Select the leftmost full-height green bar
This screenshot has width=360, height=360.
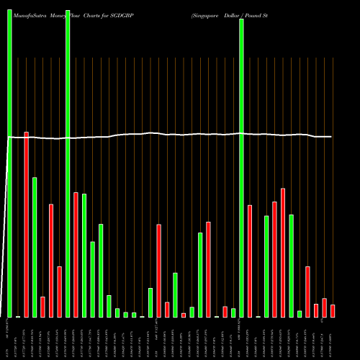[x=9, y=158]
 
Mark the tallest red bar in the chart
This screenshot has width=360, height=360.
[x=27, y=224]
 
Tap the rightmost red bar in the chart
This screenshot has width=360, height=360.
[x=333, y=310]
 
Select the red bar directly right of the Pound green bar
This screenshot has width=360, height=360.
[x=250, y=261]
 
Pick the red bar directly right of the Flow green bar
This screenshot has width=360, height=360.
[x=76, y=254]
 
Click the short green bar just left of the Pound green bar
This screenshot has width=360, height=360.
[x=233, y=312]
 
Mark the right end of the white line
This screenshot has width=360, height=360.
[x=331, y=137]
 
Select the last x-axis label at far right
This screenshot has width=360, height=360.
[x=333, y=338]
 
